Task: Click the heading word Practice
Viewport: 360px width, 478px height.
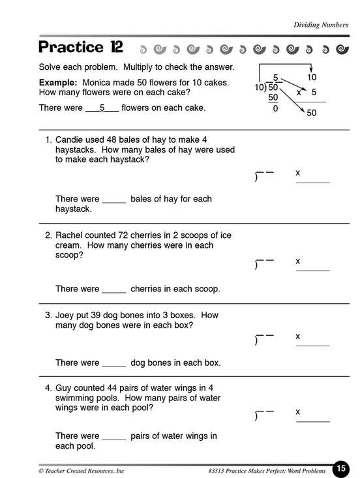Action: [x=71, y=47]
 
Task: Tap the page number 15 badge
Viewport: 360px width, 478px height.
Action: [x=341, y=469]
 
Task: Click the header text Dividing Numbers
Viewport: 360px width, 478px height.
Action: [x=321, y=25]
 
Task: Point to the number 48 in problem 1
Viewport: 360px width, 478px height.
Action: [x=112, y=140]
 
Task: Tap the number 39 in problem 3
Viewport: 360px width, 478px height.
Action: [x=95, y=315]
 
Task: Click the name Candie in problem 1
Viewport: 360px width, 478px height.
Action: [x=68, y=140]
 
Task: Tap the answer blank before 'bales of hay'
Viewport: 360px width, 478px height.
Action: [x=114, y=202]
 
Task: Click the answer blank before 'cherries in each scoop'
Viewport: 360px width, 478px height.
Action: [x=114, y=292]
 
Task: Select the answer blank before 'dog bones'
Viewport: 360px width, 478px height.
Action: [x=114, y=366]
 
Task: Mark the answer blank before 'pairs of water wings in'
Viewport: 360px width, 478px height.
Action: [x=114, y=440]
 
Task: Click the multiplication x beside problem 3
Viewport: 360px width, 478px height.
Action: [x=298, y=336]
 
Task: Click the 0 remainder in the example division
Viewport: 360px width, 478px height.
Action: [x=275, y=108]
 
